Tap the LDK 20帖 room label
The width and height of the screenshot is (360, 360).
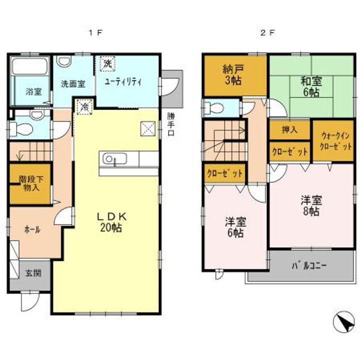coord(113,222)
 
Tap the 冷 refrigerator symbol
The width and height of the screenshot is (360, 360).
coord(85,106)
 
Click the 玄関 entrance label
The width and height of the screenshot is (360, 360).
coord(33,273)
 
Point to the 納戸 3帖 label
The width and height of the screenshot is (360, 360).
coord(233,75)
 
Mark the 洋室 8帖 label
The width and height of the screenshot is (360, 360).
coord(310,205)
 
